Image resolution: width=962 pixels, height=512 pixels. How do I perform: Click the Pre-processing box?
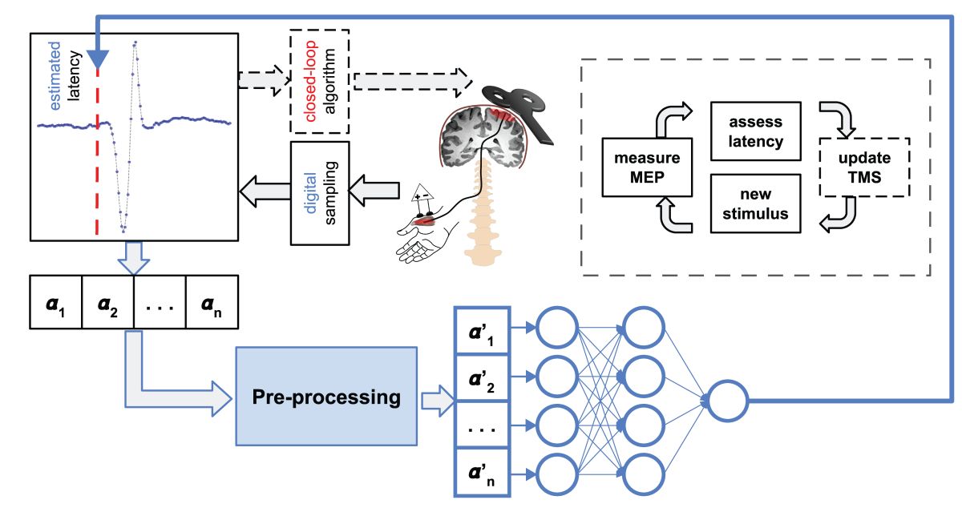(327, 397)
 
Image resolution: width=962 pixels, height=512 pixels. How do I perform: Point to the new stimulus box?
(756, 204)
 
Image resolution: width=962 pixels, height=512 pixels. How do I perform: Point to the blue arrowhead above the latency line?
(98, 58)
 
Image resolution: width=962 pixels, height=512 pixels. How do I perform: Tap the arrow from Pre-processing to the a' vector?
(436, 399)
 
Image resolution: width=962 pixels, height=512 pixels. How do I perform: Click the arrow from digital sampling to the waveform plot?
(265, 192)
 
